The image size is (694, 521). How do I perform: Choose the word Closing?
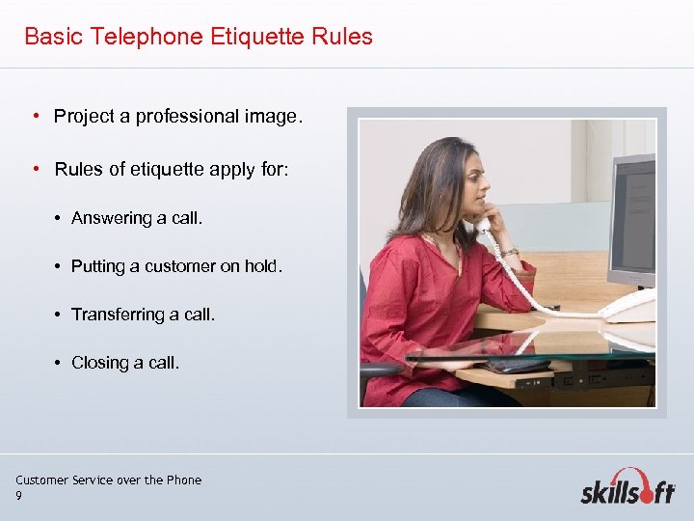tap(99, 363)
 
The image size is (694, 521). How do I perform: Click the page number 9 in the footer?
tap(18, 496)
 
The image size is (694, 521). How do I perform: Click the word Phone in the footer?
tap(184, 480)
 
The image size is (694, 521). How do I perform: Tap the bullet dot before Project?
tap(34, 117)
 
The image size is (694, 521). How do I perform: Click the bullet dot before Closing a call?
tap(59, 363)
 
